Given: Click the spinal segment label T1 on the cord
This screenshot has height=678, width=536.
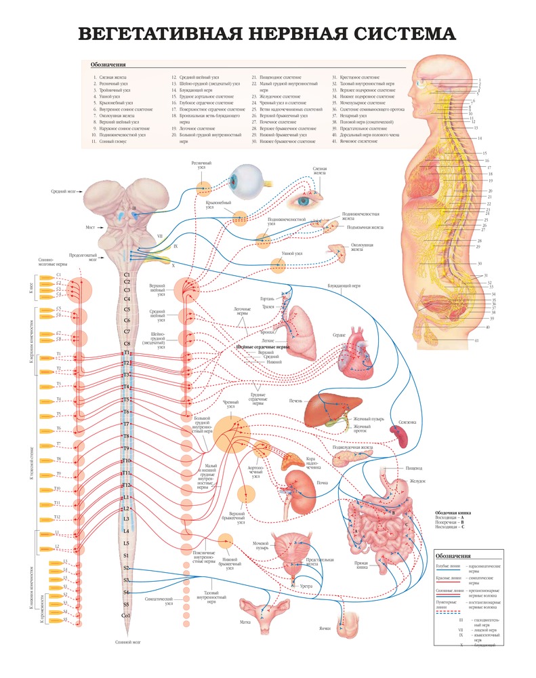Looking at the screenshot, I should [127, 353].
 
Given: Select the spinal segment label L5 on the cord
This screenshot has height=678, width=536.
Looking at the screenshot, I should [127, 543].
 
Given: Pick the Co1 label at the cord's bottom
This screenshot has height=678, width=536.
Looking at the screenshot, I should [126, 615].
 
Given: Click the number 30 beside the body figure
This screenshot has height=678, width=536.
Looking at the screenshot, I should [480, 263].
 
